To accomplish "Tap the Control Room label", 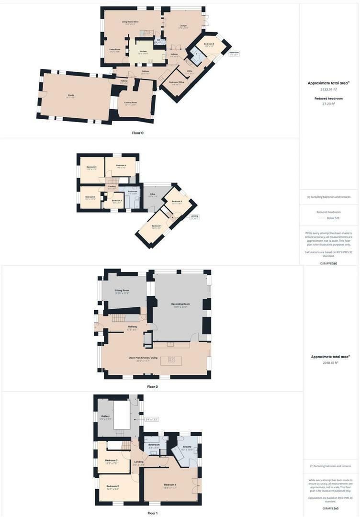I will tap(130, 103).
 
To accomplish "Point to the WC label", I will tap(159, 40).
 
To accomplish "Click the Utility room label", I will tap(189, 73).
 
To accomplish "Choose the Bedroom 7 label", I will tap(117, 201).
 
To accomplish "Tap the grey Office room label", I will tap(152, 195).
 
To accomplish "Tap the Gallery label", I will tap(105, 416).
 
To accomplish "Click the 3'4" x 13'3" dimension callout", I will tap(151, 420).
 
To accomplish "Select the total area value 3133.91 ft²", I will tap(328, 89).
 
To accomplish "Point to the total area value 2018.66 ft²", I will tap(330, 363).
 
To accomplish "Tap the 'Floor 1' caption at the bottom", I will tap(152, 513).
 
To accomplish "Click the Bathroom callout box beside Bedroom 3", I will tap(234, 53).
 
